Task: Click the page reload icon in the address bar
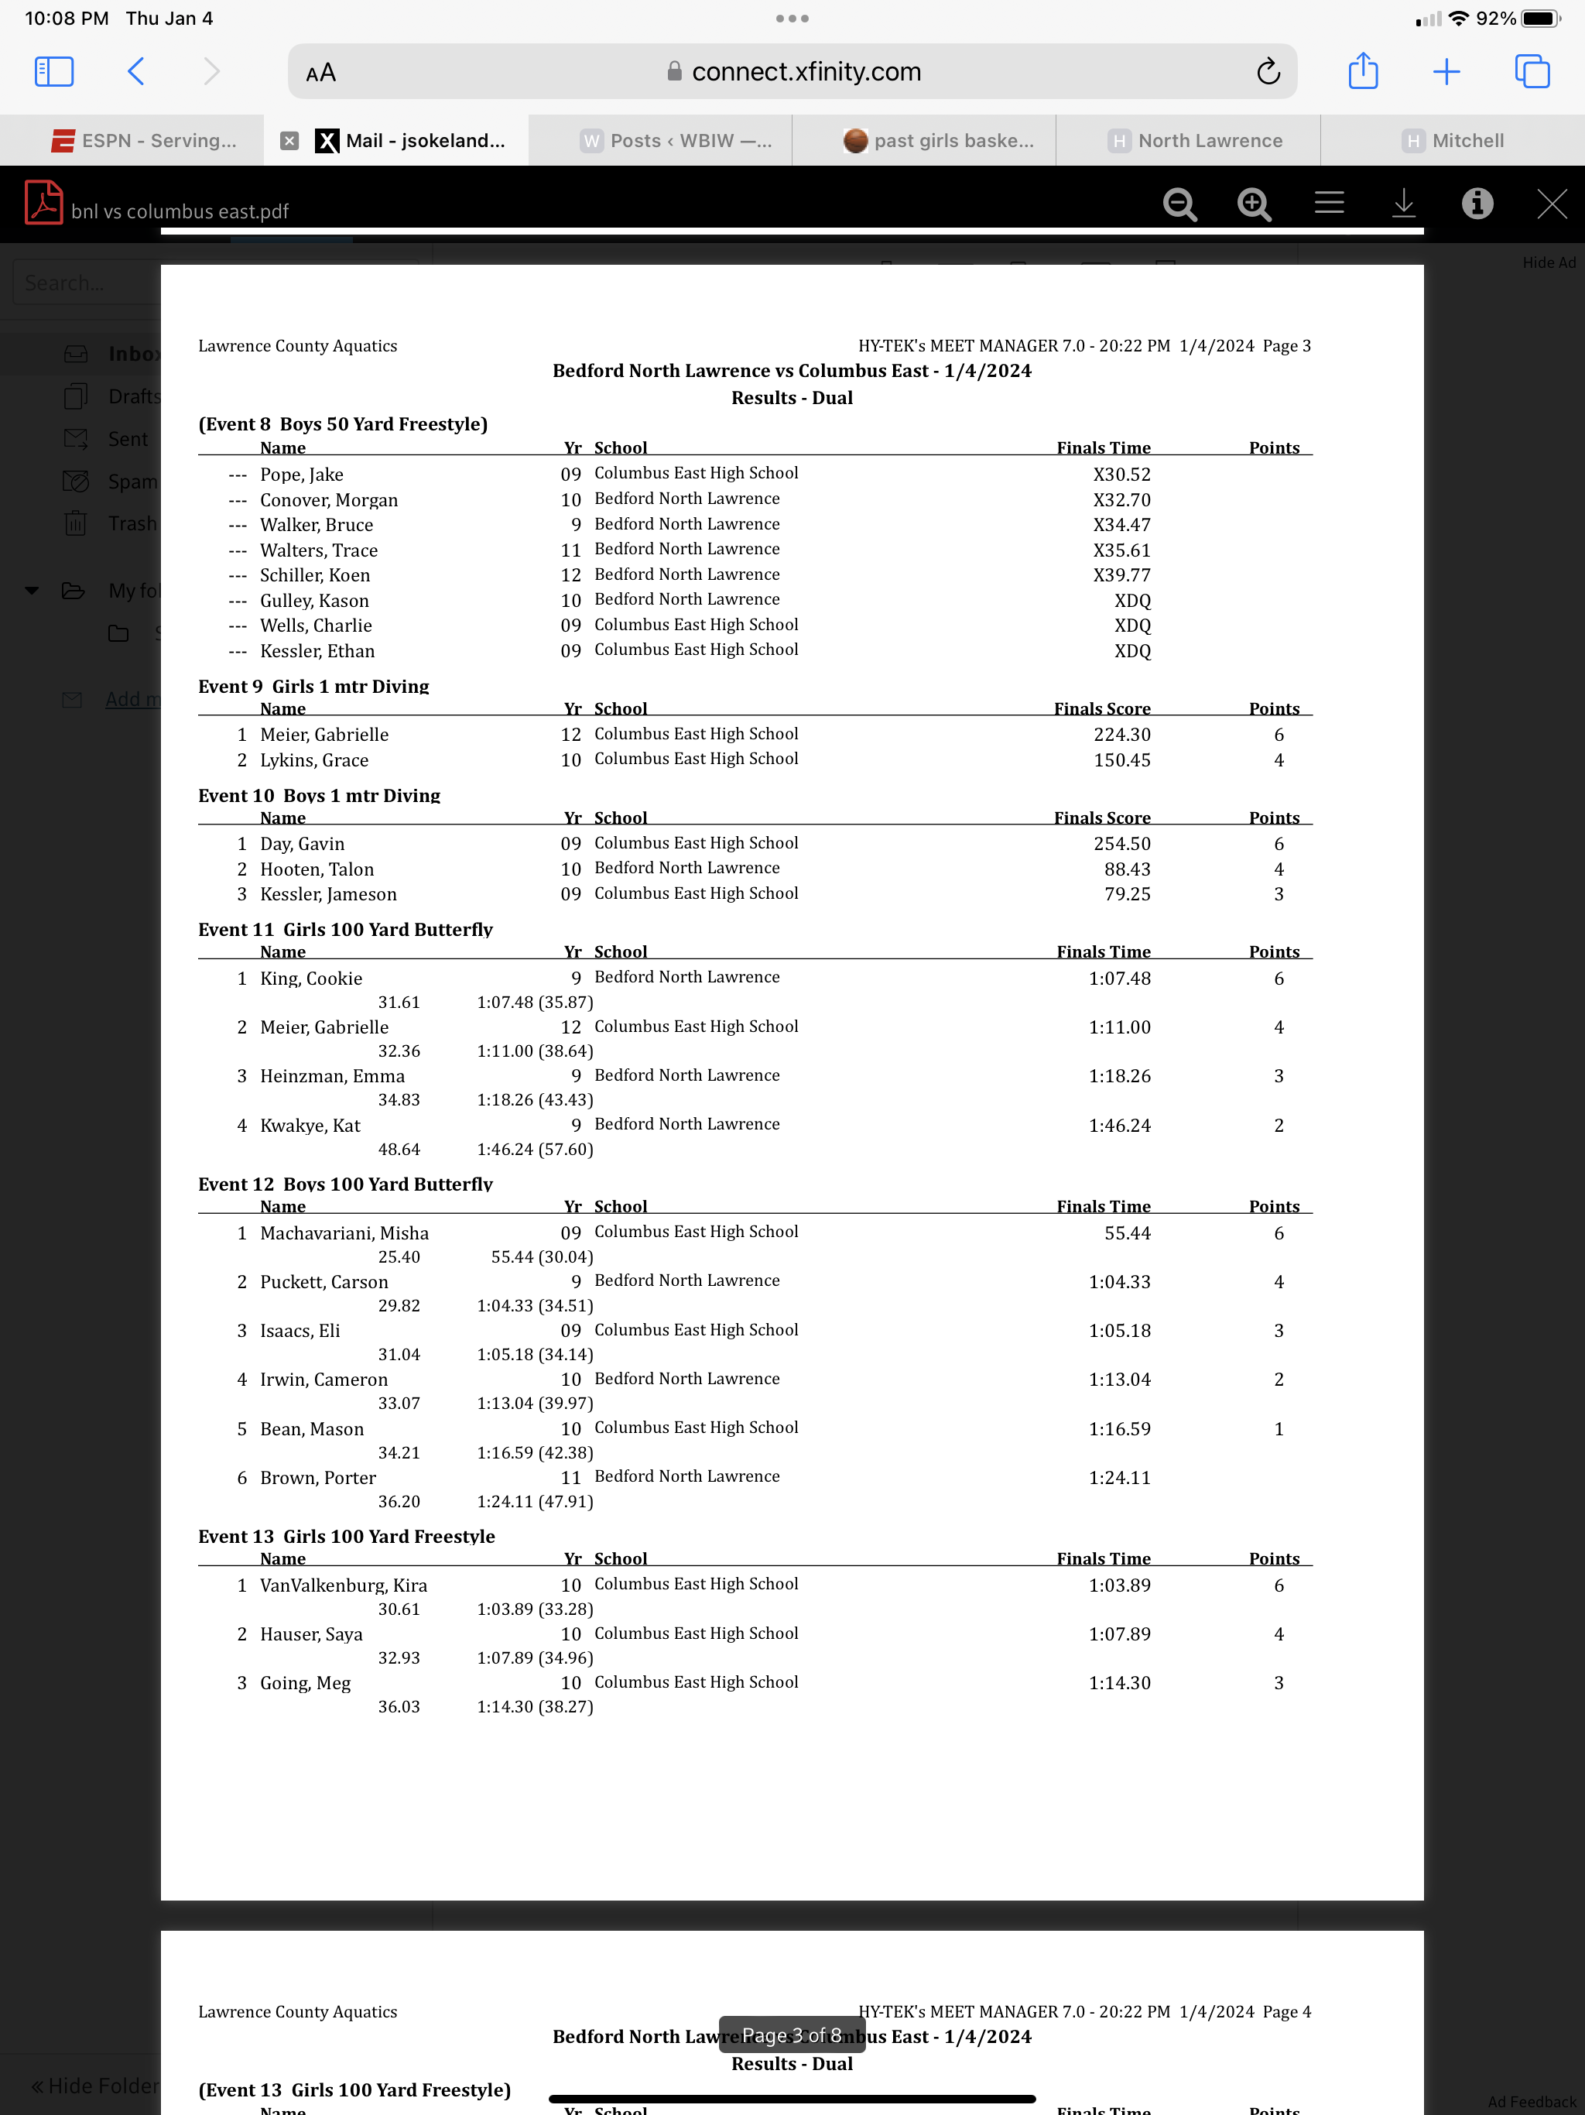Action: (1268, 72)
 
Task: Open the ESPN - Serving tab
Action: (143, 141)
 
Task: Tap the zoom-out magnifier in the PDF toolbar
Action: (1179, 204)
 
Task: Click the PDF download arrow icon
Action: (1403, 204)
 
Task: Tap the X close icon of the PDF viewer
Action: (1552, 204)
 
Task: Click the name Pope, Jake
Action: (301, 475)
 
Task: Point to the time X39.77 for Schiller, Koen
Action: (1121, 574)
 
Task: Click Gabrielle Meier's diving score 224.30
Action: (1121, 735)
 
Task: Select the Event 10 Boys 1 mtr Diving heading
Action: (320, 796)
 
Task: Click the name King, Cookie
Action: (310, 978)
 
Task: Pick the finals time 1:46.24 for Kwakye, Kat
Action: (1119, 1126)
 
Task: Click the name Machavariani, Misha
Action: (344, 1232)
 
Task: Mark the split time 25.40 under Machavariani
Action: (399, 1256)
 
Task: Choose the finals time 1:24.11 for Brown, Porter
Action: (1119, 1477)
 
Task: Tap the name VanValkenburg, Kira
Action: (343, 1585)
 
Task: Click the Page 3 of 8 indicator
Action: (792, 2034)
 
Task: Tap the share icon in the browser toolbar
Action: (1362, 72)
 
